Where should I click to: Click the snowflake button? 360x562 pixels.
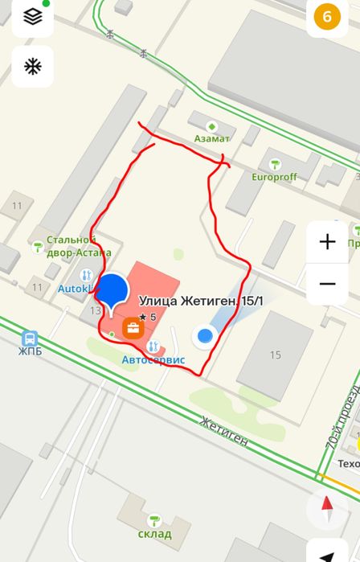pyautogui.click(x=32, y=66)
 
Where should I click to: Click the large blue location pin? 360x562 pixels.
pyautogui.click(x=113, y=291)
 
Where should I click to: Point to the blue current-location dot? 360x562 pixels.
pyautogui.click(x=206, y=335)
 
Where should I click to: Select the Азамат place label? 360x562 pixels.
pyautogui.click(x=211, y=138)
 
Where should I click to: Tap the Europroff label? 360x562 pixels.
pyautogui.click(x=275, y=176)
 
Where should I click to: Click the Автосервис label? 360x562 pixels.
pyautogui.click(x=153, y=359)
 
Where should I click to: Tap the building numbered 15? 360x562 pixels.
pyautogui.click(x=276, y=355)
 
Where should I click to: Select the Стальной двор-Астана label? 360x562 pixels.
pyautogui.click(x=79, y=245)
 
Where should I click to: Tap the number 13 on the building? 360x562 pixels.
pyautogui.click(x=96, y=310)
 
